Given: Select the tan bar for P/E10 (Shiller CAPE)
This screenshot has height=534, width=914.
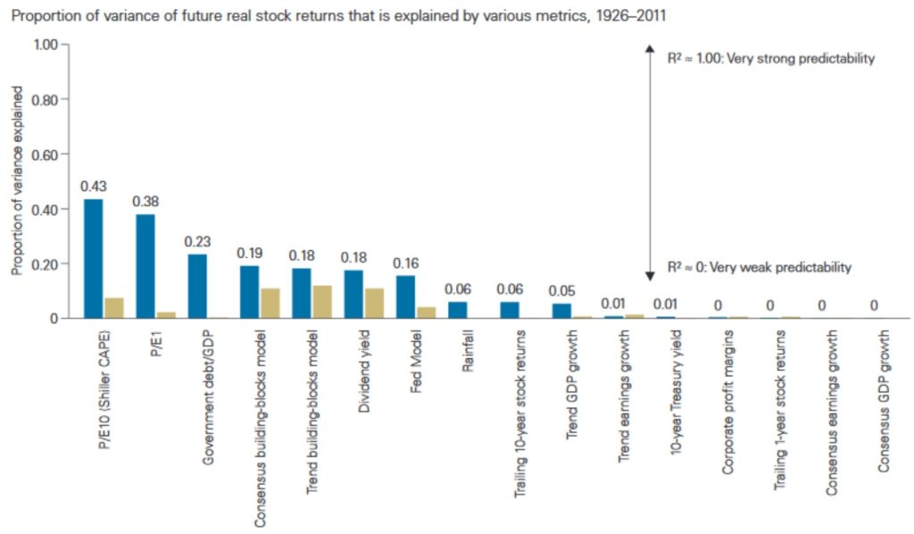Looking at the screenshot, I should [114, 308].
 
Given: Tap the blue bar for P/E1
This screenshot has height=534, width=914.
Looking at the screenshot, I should [145, 266].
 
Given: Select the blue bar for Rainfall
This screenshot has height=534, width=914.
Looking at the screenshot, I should [457, 310].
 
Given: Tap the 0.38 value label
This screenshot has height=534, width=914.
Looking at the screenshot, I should [145, 201].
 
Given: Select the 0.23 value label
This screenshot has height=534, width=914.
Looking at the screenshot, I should [197, 241].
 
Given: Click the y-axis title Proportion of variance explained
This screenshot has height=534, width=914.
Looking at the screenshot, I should [16, 182].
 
